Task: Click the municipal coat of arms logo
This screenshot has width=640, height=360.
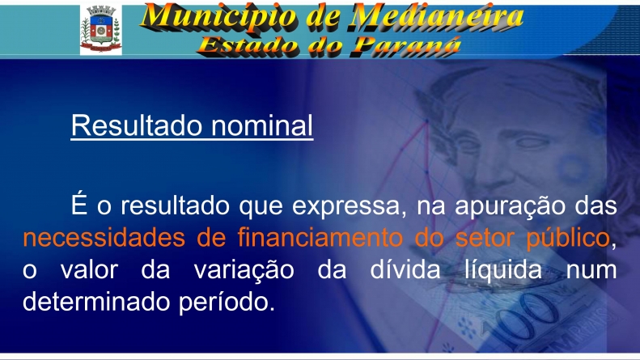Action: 101,29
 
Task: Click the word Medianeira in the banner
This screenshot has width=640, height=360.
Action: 437,17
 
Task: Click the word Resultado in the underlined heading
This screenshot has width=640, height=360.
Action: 137,125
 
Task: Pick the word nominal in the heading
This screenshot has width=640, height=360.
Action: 262,125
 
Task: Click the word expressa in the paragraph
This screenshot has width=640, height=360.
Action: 345,206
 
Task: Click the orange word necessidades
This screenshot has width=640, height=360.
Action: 104,238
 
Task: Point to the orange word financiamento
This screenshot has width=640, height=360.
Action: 320,238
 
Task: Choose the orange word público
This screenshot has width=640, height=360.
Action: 568,239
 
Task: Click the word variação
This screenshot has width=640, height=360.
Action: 244,270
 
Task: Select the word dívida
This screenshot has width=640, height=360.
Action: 405,269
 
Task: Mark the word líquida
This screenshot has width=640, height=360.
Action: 503,270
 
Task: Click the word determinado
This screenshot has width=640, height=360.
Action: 96,302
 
